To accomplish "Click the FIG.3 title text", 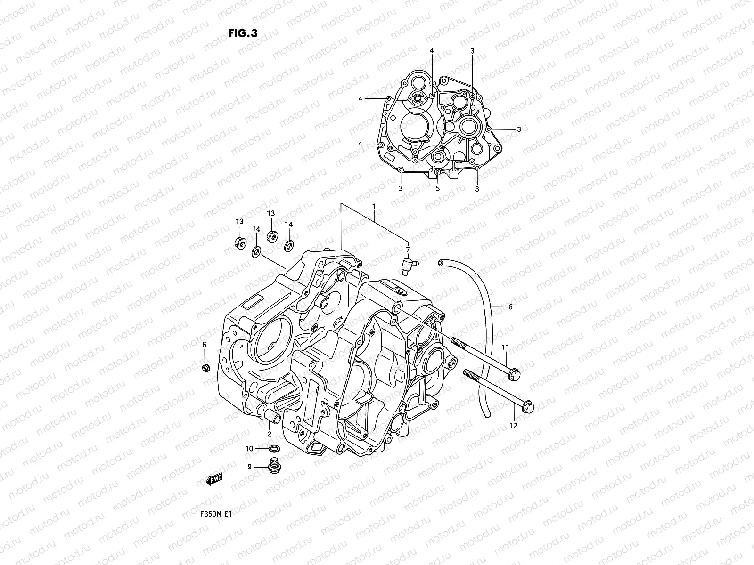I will pyautogui.click(x=243, y=32).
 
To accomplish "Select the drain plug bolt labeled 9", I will pyautogui.click(x=272, y=466).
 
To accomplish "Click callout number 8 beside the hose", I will pyautogui.click(x=510, y=307).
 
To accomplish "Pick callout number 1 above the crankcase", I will pyautogui.click(x=374, y=206).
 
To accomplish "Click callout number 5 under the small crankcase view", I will pyautogui.click(x=437, y=188).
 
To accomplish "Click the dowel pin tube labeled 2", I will pyautogui.click(x=273, y=416).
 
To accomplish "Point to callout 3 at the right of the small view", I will pyautogui.click(x=519, y=129).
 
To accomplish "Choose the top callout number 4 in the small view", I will pyautogui.click(x=431, y=50).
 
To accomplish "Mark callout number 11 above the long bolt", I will pyautogui.click(x=505, y=347).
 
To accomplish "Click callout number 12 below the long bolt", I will pyautogui.click(x=514, y=426).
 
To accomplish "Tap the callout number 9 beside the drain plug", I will pyautogui.click(x=250, y=467).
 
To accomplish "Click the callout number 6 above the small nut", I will pyautogui.click(x=204, y=345).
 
